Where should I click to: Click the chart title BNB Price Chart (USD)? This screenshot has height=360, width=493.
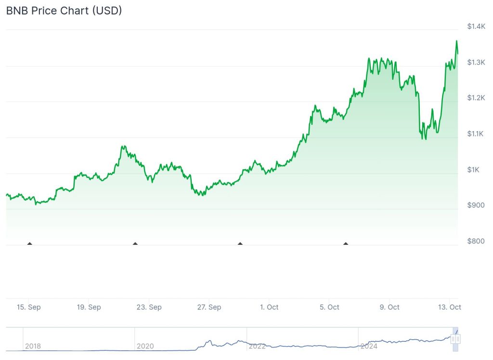click(x=64, y=11)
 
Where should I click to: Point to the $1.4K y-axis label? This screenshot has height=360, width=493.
click(x=476, y=26)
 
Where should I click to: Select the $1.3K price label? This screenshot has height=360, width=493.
click(x=476, y=62)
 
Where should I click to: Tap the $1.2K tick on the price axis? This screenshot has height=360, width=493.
click(x=476, y=98)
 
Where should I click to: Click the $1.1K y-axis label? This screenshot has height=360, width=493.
click(x=476, y=133)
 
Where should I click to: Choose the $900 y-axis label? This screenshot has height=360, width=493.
click(x=476, y=205)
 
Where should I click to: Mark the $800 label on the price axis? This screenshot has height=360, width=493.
click(x=476, y=241)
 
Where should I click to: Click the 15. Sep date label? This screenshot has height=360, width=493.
click(x=28, y=307)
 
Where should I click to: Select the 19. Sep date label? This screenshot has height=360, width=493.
click(x=89, y=307)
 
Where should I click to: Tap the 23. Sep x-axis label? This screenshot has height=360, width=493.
click(x=149, y=307)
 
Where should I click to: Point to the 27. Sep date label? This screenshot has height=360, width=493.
click(x=209, y=307)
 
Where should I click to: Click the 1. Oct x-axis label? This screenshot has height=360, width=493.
click(x=269, y=307)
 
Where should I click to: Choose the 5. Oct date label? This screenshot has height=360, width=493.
click(x=329, y=307)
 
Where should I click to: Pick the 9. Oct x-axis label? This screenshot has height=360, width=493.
click(x=389, y=307)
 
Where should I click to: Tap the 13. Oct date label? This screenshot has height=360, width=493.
click(x=450, y=307)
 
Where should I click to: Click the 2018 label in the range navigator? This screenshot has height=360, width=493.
click(x=33, y=346)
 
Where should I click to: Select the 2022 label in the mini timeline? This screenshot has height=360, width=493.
click(x=257, y=346)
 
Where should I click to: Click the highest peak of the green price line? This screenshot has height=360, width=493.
click(x=456, y=41)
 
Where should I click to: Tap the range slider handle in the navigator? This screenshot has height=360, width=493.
click(x=455, y=339)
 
